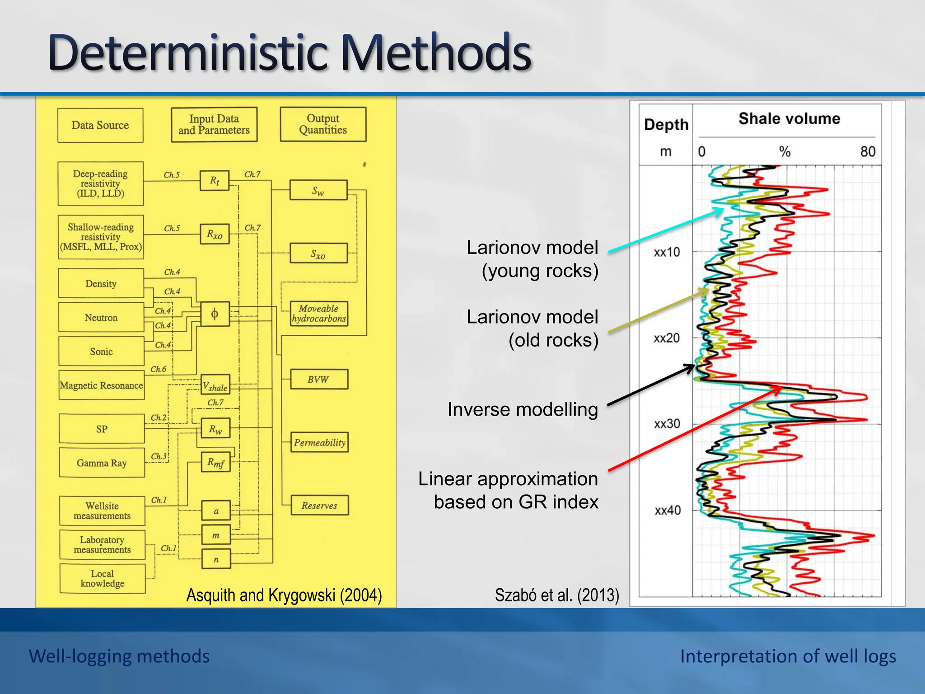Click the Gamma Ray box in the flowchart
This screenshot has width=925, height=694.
click(x=102, y=463)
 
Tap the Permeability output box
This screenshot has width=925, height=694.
click(x=319, y=442)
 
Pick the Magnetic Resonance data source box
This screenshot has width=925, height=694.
click(x=102, y=385)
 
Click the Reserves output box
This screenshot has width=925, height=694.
click(x=319, y=506)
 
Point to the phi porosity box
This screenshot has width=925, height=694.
click(x=215, y=314)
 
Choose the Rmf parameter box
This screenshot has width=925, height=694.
click(x=215, y=462)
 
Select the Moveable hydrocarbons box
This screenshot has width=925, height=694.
click(x=319, y=314)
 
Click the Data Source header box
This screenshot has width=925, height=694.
click(x=100, y=125)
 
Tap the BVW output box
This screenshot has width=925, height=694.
click(x=319, y=380)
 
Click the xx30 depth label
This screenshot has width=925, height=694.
click(x=667, y=424)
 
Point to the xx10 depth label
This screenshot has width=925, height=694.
click(x=667, y=252)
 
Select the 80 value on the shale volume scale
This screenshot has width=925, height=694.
click(x=868, y=151)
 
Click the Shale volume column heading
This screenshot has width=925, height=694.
click(x=789, y=119)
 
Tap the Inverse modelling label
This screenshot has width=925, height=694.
click(x=522, y=409)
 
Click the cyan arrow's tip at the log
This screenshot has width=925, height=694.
click(x=723, y=209)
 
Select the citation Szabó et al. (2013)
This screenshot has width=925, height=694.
click(x=556, y=595)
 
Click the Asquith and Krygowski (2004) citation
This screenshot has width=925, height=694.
click(x=284, y=595)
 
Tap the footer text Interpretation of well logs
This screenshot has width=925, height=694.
click(x=788, y=656)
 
